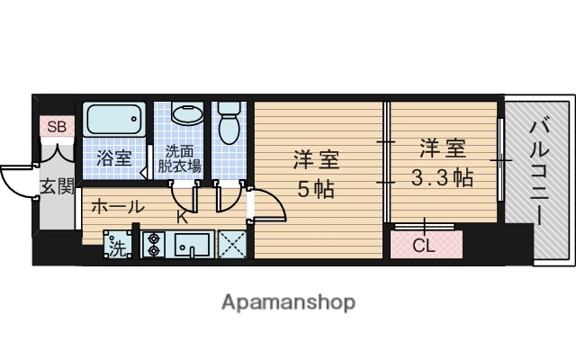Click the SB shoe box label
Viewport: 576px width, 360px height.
(57, 127)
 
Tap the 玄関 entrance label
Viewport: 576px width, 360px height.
(56, 186)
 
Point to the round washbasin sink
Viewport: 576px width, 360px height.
(187, 116)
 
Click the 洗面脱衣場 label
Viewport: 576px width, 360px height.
(180, 159)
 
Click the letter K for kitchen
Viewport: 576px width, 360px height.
(182, 216)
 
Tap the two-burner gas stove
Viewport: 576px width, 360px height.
(152, 244)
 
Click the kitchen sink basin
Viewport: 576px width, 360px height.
(192, 244)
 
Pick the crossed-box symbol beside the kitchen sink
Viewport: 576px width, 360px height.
(231, 244)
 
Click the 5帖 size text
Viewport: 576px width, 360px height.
(317, 190)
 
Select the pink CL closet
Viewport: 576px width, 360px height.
(426, 243)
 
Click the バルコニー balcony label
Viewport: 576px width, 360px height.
(536, 166)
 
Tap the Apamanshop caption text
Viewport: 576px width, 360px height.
(288, 301)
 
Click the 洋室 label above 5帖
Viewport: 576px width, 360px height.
(317, 162)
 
